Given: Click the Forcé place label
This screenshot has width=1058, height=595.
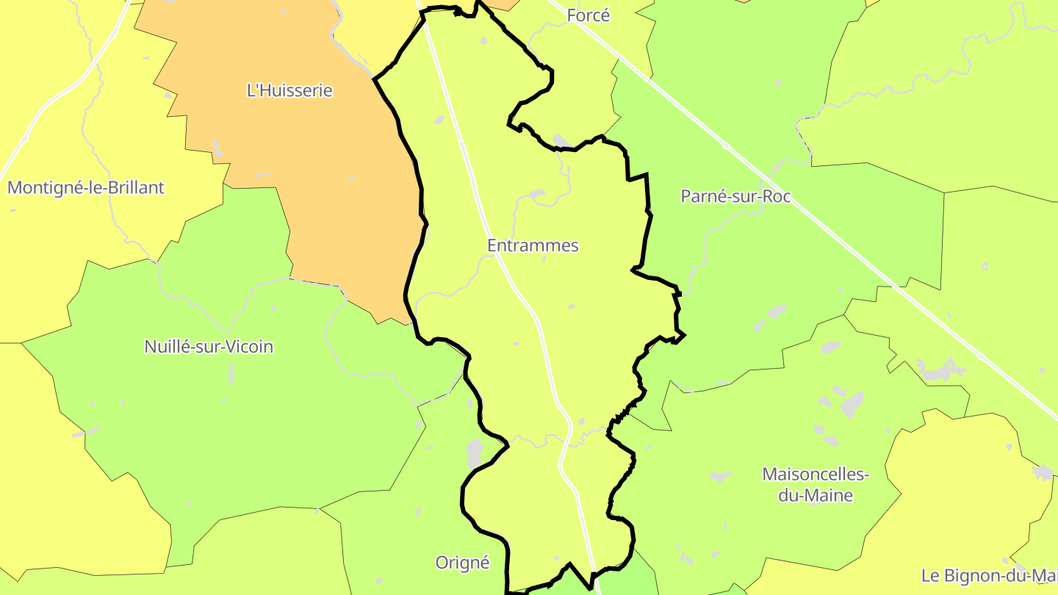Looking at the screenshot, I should point(589,15).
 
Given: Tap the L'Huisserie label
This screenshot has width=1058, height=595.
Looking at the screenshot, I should point(289,90).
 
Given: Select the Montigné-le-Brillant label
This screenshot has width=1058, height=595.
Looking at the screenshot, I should point(86,187).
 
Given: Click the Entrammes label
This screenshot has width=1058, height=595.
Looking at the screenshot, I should point(533,245).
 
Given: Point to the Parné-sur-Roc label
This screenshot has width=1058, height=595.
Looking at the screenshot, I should point(735,196).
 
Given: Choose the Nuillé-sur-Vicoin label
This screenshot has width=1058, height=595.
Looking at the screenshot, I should point(209,346).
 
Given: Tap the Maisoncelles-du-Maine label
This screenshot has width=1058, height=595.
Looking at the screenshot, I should point(816,485).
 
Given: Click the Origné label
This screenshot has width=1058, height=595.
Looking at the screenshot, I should point(462,563).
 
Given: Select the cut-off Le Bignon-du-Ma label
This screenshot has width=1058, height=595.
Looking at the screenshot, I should point(989,574).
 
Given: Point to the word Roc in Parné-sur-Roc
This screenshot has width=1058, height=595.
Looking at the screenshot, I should point(776,196).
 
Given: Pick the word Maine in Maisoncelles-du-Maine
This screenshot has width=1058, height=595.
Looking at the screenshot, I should point(827,496).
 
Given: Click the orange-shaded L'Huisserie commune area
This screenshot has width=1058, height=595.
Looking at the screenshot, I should point(331,184).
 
